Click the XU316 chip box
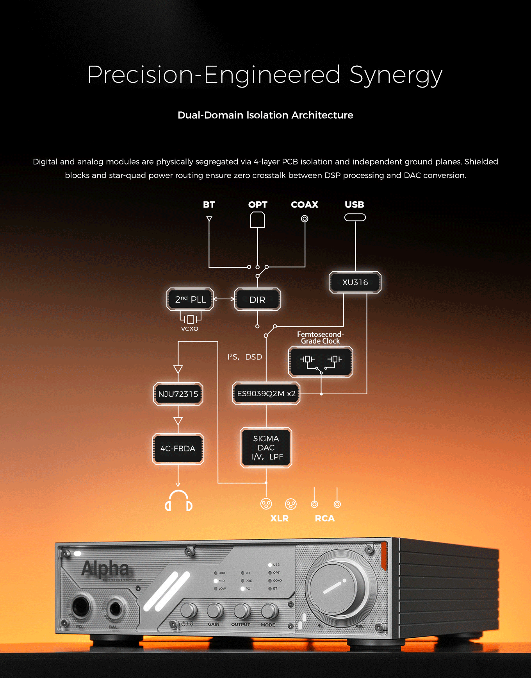pos(355,282)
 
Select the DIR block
pos(257,300)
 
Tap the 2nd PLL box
pos(190,299)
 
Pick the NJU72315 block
pos(178,394)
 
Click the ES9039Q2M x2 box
pos(266,394)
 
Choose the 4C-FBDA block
pos(178,449)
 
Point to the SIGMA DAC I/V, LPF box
pos(266,447)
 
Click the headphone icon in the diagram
pos(178,501)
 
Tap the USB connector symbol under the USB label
pos(355,217)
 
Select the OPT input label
pos(258,205)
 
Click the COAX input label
pos(305,205)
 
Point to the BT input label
pos(209,205)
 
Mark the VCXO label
pos(190,329)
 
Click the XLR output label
pos(280,518)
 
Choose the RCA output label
pos(325,518)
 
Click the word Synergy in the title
pos(396,75)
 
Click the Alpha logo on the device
pos(105,569)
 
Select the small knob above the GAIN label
pos(215,610)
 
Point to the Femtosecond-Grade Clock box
pos(321,361)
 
